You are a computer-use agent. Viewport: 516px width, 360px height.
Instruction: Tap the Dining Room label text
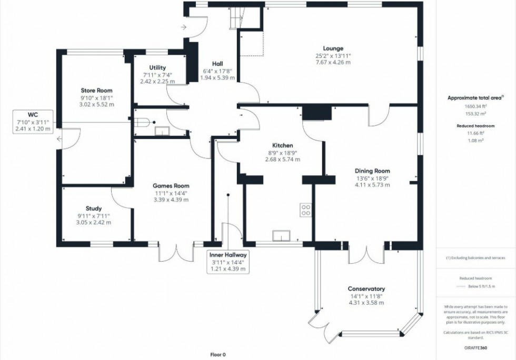(x=372, y=171)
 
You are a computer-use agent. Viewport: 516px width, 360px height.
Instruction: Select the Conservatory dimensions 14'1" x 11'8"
(x=366, y=296)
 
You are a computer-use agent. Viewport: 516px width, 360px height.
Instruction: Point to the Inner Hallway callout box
(x=228, y=262)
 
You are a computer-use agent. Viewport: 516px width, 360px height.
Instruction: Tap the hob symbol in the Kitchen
(x=305, y=210)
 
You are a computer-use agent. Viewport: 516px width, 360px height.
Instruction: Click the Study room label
(x=94, y=208)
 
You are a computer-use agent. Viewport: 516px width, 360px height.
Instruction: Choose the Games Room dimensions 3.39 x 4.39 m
(x=171, y=199)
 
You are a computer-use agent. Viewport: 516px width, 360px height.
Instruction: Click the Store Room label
(x=96, y=91)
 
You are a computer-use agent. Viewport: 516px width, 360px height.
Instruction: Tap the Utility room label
(x=157, y=67)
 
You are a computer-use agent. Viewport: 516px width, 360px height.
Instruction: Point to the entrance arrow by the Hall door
(x=183, y=26)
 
